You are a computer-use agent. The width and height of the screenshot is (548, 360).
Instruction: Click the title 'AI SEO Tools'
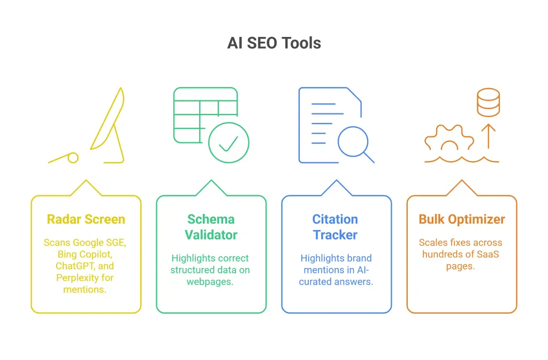pos(274,43)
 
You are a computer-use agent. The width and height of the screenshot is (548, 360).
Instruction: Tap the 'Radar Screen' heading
pos(86,219)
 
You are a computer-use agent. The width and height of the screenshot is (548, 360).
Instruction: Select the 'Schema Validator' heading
pos(211,227)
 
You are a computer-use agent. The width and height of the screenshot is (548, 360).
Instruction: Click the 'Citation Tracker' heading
pos(336,227)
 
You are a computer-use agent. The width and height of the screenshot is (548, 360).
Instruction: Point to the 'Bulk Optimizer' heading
pos(462,219)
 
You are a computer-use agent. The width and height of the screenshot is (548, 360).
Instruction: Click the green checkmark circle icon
pos(229,142)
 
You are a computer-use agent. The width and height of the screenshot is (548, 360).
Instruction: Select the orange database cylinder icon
pos(488,102)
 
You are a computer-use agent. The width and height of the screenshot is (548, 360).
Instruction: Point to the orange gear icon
pos(449,140)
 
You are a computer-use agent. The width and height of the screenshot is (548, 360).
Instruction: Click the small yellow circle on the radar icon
pos(73,157)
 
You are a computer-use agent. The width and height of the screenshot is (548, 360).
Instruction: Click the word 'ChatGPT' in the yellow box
pos(71,266)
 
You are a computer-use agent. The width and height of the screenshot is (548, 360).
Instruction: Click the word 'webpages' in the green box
pos(210,281)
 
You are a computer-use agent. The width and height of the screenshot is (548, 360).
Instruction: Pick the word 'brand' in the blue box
pos(358,258)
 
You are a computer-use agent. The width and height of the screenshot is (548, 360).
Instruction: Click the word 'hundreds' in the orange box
pos(442,254)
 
